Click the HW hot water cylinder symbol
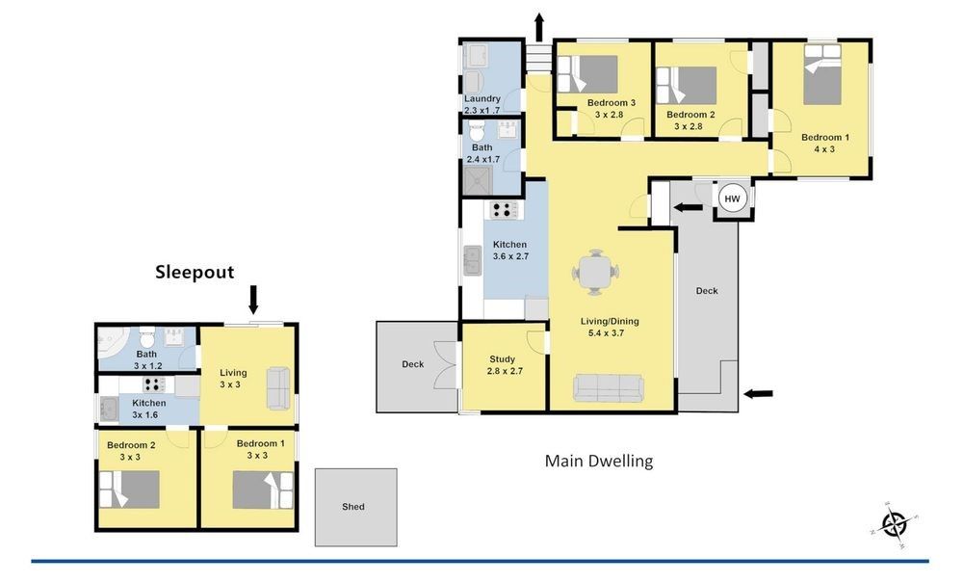(x=732, y=198)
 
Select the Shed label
(x=353, y=507)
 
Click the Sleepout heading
(x=195, y=272)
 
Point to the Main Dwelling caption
(x=599, y=461)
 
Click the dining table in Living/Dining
(x=596, y=271)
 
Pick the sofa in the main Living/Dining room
(x=608, y=387)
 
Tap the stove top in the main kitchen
(x=504, y=210)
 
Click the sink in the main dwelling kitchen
(x=473, y=260)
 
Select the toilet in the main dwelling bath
(x=477, y=130)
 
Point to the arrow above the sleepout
(x=253, y=300)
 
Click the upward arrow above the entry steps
(x=539, y=26)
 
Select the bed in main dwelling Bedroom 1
(x=821, y=74)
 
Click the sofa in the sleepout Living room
(x=278, y=388)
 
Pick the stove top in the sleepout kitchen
(x=154, y=384)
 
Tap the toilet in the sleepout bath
(x=146, y=337)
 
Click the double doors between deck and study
(x=447, y=365)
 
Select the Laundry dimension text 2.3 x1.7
(x=482, y=111)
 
